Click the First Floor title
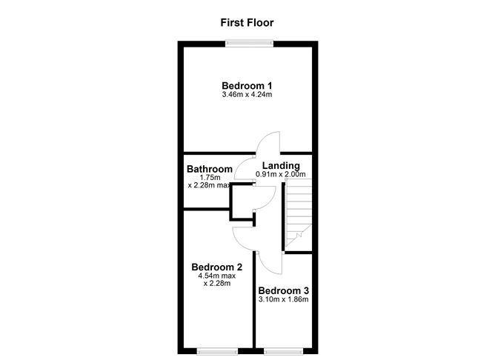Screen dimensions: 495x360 point(247,23)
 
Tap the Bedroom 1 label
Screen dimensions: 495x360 point(247,85)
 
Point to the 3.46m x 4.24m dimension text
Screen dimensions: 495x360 point(247,94)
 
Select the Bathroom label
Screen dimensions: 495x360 point(210,169)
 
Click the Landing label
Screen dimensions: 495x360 point(281,165)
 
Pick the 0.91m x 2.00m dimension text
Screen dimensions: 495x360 point(281,174)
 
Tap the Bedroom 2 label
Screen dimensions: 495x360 point(217,267)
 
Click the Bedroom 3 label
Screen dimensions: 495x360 point(284,290)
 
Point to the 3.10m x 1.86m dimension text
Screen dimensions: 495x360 point(284,299)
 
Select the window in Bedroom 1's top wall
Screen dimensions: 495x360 point(250,43)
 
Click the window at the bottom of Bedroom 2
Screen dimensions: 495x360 point(218,351)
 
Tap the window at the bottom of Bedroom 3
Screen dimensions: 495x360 point(284,351)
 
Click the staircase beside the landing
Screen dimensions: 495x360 point(299,213)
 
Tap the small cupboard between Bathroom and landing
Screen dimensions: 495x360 point(242,202)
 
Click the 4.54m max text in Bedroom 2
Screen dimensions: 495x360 point(217,276)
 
